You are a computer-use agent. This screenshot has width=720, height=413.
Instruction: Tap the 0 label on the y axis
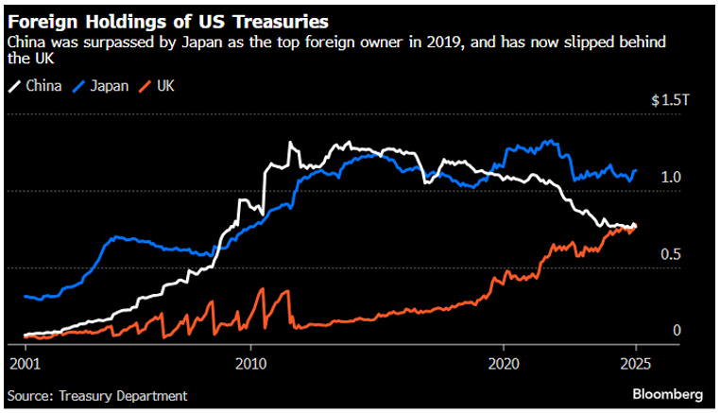pos(676,330)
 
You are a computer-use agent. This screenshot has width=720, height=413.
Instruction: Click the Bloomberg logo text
pos(669,393)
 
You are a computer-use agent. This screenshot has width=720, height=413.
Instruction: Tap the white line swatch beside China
pos(13,86)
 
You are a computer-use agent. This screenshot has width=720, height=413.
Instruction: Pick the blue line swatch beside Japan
pos(79,86)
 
